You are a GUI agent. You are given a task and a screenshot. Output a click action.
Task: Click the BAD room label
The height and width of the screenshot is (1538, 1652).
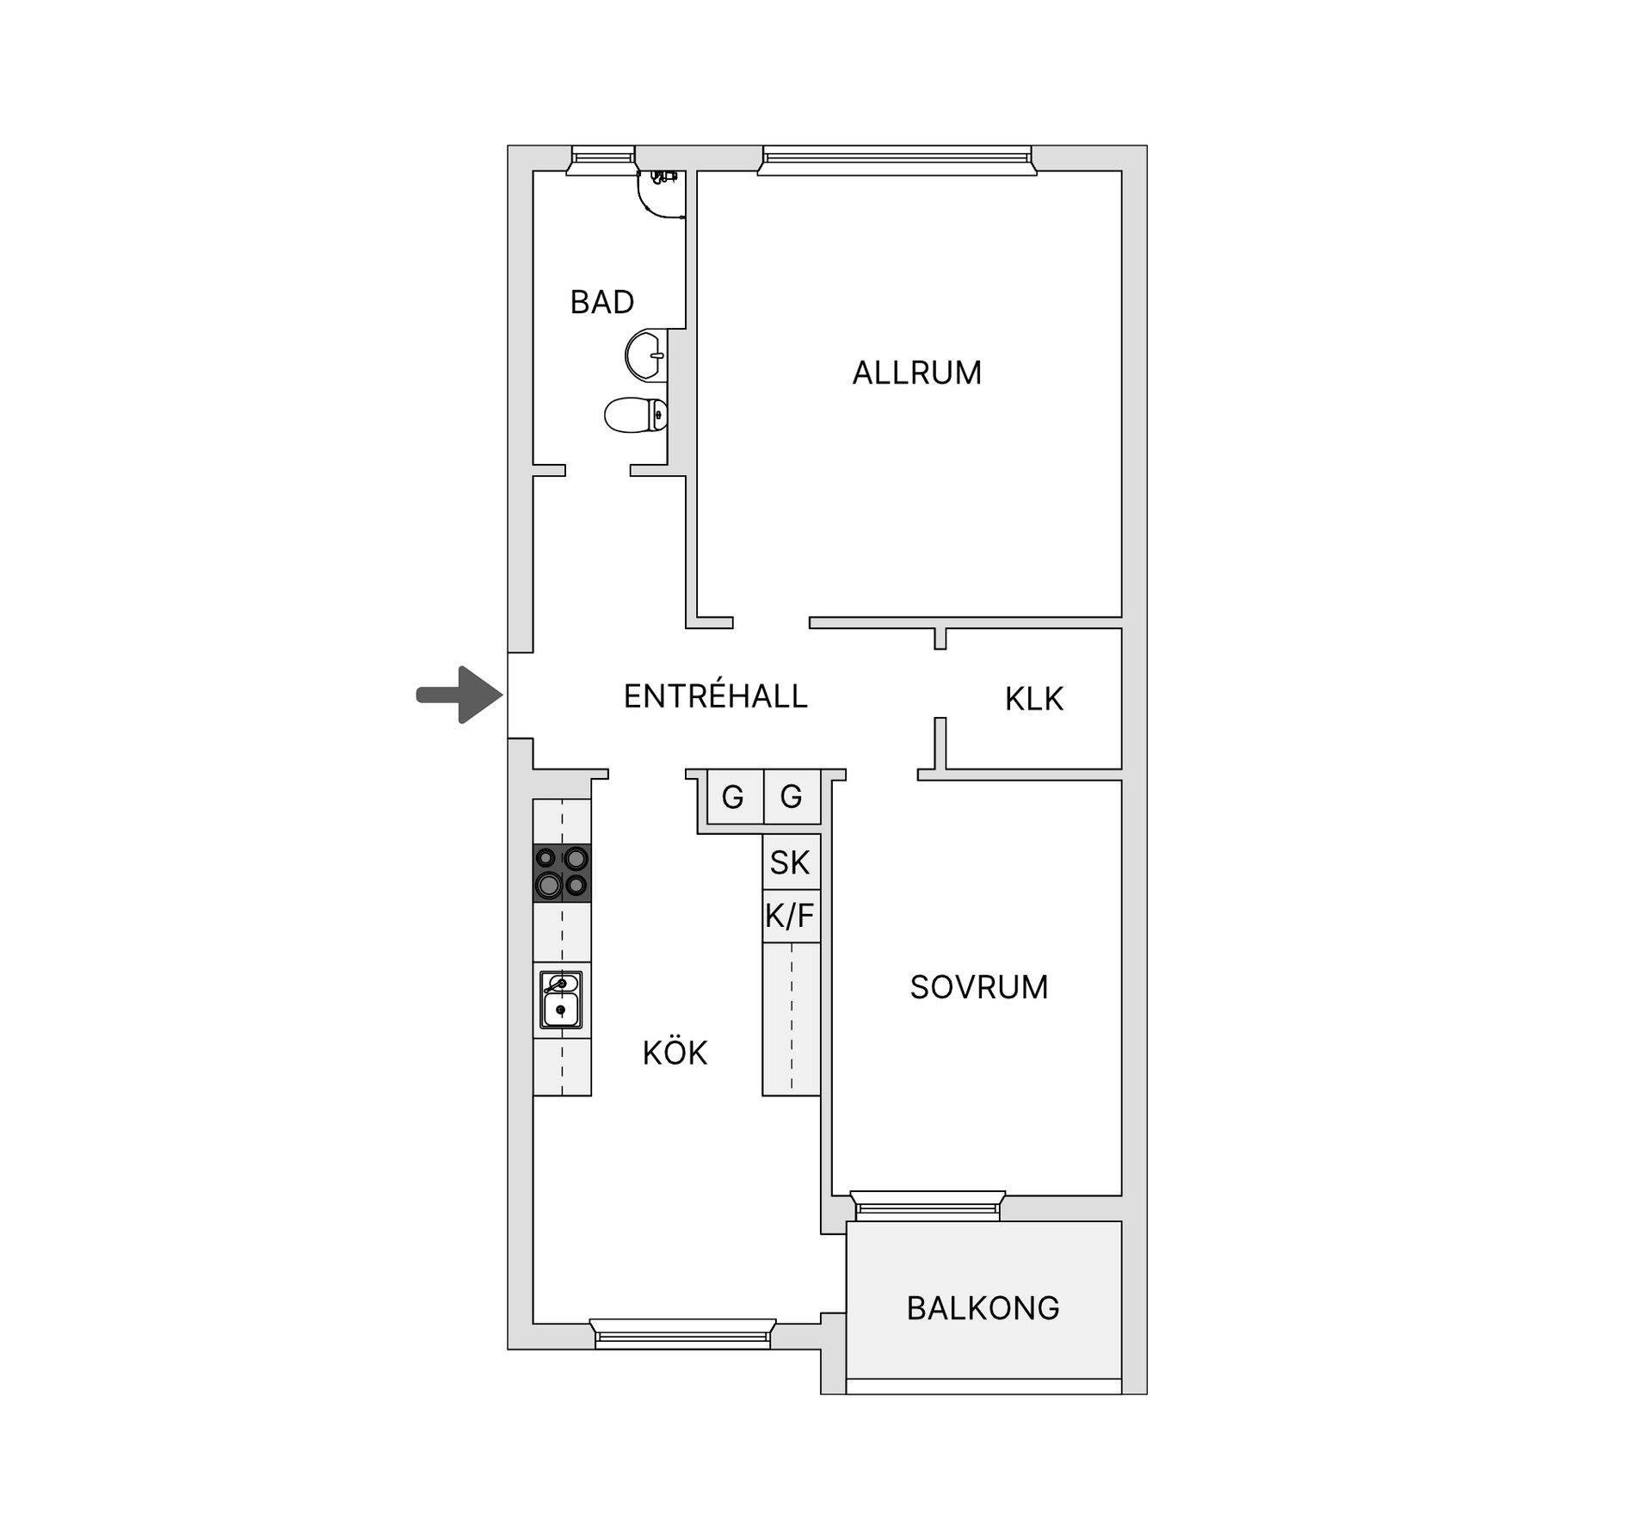[601, 302]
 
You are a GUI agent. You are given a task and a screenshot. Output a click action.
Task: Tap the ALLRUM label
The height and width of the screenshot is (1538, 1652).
[916, 373]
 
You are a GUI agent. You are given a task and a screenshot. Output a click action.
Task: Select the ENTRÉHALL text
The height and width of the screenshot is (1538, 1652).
[715, 695]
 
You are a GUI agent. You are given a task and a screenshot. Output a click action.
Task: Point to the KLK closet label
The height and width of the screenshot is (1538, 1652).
[1033, 699]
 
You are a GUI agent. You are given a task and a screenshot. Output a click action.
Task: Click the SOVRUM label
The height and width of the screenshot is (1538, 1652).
[979, 987]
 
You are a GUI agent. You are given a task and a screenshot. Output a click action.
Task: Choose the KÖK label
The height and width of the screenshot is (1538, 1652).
[675, 1052]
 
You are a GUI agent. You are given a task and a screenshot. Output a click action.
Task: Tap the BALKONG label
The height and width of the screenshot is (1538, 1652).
[983, 1308]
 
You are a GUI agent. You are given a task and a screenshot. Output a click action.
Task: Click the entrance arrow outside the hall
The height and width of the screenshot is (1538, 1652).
[459, 695]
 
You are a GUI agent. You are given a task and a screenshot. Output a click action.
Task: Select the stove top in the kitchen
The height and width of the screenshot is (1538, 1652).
[562, 873]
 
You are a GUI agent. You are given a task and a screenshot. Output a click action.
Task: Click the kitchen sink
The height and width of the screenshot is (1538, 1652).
[561, 999]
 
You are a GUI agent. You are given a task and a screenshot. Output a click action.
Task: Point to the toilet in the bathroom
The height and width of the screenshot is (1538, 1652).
[637, 415]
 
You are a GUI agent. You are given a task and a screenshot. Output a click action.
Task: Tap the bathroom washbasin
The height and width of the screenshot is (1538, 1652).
[646, 355]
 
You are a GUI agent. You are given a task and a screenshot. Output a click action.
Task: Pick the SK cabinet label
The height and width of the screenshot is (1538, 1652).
[791, 862]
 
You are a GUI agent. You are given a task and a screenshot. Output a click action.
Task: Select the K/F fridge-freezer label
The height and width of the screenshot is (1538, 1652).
[791, 916]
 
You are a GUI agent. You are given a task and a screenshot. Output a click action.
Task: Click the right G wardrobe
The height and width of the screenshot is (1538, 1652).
[792, 797]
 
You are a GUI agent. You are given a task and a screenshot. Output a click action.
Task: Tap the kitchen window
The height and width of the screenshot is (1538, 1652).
[683, 1334]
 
